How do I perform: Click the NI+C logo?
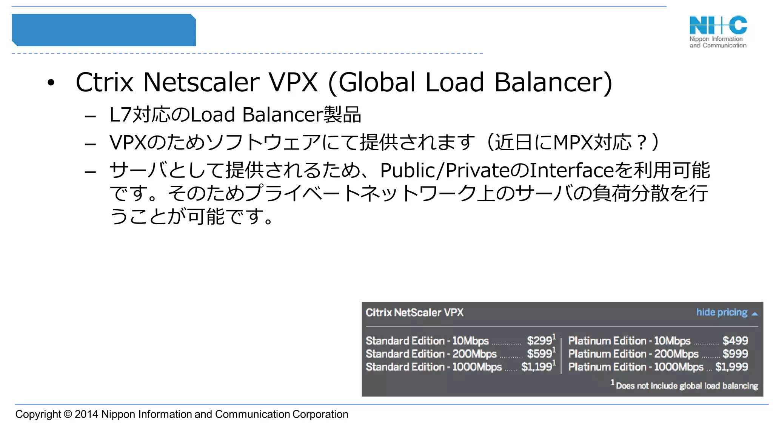point(718,31)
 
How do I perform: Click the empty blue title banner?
point(104,30)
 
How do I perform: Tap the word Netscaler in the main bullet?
point(201,82)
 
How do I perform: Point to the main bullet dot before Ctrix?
point(51,83)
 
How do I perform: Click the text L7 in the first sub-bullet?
point(120,115)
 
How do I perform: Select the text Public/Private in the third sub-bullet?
point(445,170)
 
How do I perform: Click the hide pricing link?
point(722,312)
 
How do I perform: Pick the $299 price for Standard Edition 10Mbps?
point(540,341)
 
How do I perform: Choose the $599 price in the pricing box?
point(540,354)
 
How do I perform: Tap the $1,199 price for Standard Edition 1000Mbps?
point(537,367)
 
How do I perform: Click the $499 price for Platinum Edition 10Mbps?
point(735,341)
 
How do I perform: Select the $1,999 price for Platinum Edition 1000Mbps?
point(731,367)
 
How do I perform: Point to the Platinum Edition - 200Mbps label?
point(633,354)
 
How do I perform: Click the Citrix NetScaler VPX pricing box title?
point(414,313)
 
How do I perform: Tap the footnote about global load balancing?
point(687,386)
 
